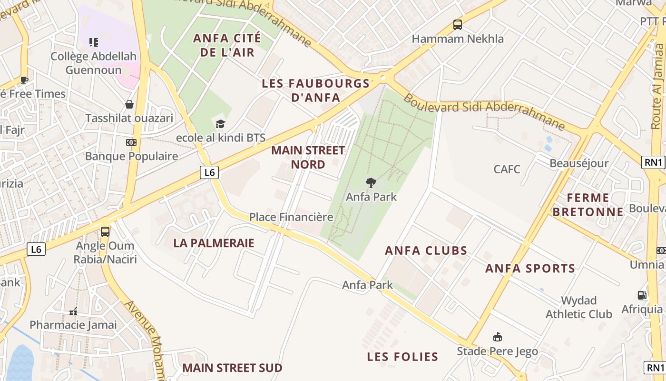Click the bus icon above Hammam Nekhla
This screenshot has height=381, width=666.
458,25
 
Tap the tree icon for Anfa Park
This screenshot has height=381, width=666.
371,182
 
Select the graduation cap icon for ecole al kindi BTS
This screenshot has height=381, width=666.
220,124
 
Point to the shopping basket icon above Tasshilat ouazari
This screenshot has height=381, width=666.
129,104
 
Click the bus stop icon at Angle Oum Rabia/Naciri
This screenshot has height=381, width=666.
105,232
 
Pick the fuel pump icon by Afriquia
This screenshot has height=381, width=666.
642,295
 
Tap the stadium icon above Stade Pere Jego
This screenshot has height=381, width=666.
498,337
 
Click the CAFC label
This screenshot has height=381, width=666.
507,169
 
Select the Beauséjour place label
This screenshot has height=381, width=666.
579,163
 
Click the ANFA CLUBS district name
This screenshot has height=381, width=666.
426,251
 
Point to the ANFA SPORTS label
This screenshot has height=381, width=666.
530,269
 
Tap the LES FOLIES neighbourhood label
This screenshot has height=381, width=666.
402,357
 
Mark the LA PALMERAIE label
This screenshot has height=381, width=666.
214,243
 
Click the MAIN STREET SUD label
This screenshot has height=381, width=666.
232,368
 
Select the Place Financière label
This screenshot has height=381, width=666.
291,217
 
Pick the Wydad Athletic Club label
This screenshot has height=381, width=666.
578,307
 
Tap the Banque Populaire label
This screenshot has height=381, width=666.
131,156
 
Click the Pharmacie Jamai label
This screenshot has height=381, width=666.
73,325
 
